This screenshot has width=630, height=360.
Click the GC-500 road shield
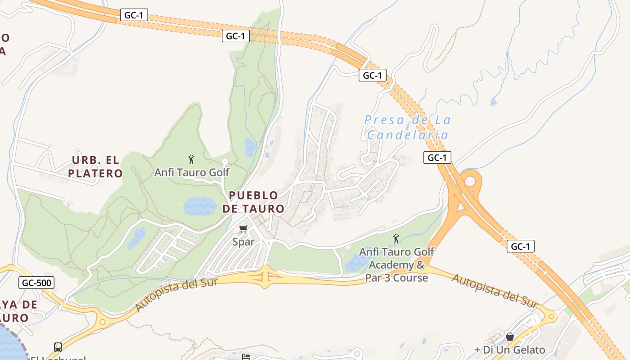tap(36, 283)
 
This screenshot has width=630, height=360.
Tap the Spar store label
tap(243, 242)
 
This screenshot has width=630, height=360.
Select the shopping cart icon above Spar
tap(243, 229)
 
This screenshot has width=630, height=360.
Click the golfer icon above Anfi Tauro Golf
tap(191, 159)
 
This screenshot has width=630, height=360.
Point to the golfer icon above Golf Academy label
tap(396, 238)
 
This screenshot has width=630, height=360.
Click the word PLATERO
tap(95, 174)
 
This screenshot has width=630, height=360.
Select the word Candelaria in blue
tap(408, 135)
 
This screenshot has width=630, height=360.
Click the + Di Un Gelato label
tap(510, 350)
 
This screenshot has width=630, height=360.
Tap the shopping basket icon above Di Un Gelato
tap(510, 337)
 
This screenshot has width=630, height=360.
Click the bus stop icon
tap(58, 347)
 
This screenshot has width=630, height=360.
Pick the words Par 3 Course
tap(396, 278)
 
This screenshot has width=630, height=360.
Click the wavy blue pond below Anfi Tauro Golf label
tap(200, 206)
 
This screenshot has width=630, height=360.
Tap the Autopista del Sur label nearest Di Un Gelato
tap(495, 291)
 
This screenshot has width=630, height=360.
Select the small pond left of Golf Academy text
tap(355, 263)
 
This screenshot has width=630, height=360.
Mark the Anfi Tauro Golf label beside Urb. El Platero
tap(192, 172)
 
